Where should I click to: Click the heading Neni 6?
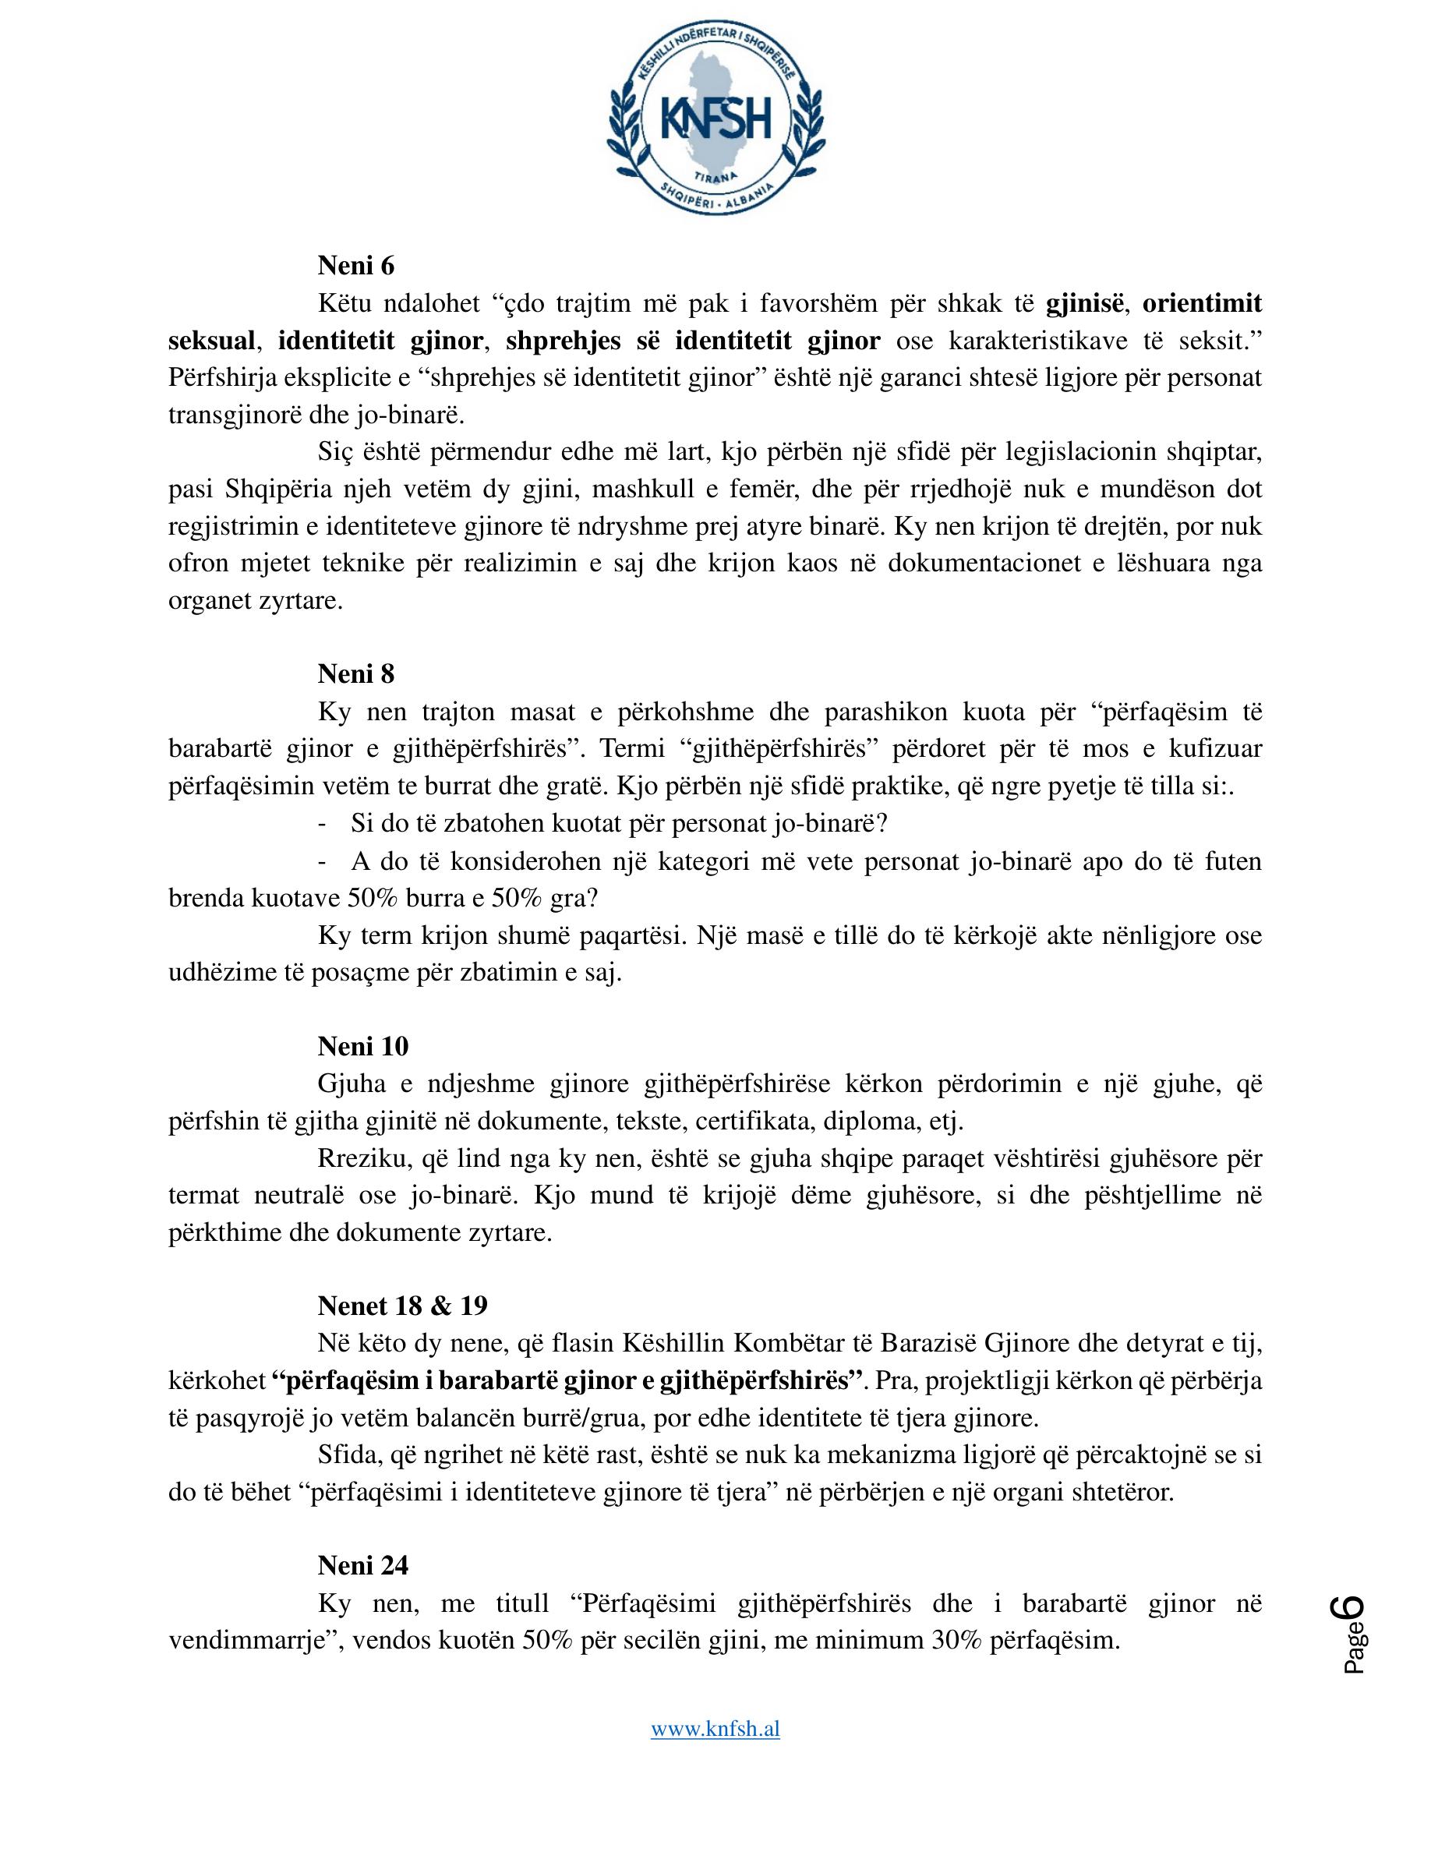pos(356,267)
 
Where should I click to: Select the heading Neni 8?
pos(356,674)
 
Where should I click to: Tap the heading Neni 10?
pos(363,1046)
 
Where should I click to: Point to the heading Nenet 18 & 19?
pos(403,1305)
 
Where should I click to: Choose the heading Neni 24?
pos(363,1565)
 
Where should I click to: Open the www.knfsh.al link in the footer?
pos(715,1729)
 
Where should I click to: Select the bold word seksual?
pos(212,341)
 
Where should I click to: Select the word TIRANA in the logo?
pos(716,176)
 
